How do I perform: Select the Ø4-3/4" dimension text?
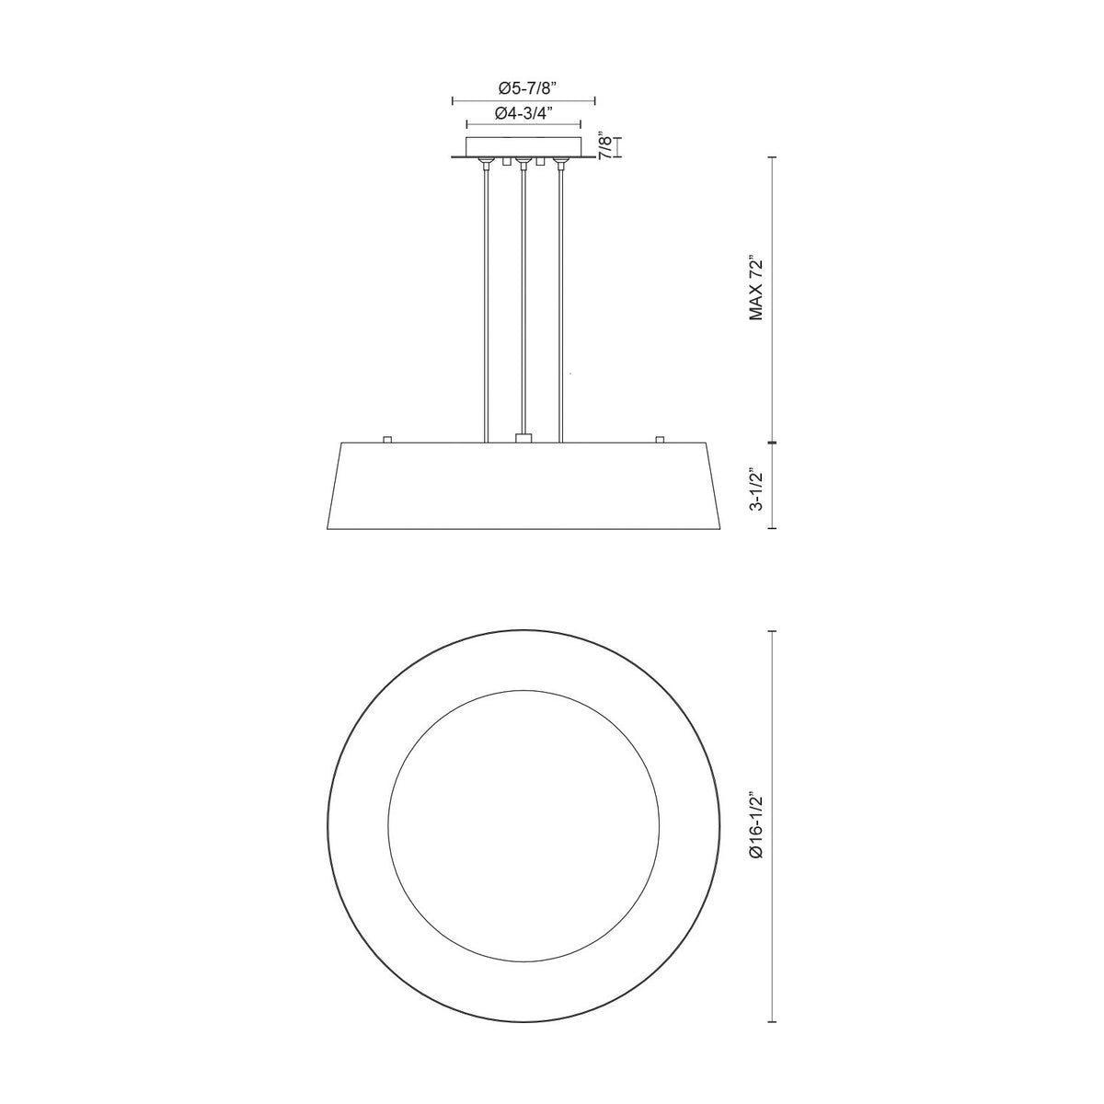coord(523,113)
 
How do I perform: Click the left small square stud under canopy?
coord(506,162)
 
